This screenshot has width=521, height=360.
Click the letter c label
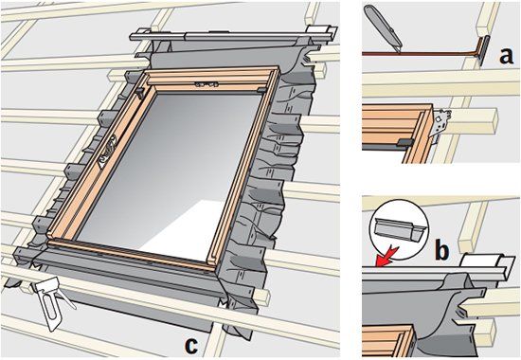[191, 345]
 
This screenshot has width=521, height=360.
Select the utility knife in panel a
[383, 27]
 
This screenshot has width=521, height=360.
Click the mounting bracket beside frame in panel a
[441, 126]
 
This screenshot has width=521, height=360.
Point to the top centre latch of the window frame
[207, 83]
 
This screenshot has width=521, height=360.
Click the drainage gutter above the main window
[233, 35]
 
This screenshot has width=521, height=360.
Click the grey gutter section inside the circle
[398, 228]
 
